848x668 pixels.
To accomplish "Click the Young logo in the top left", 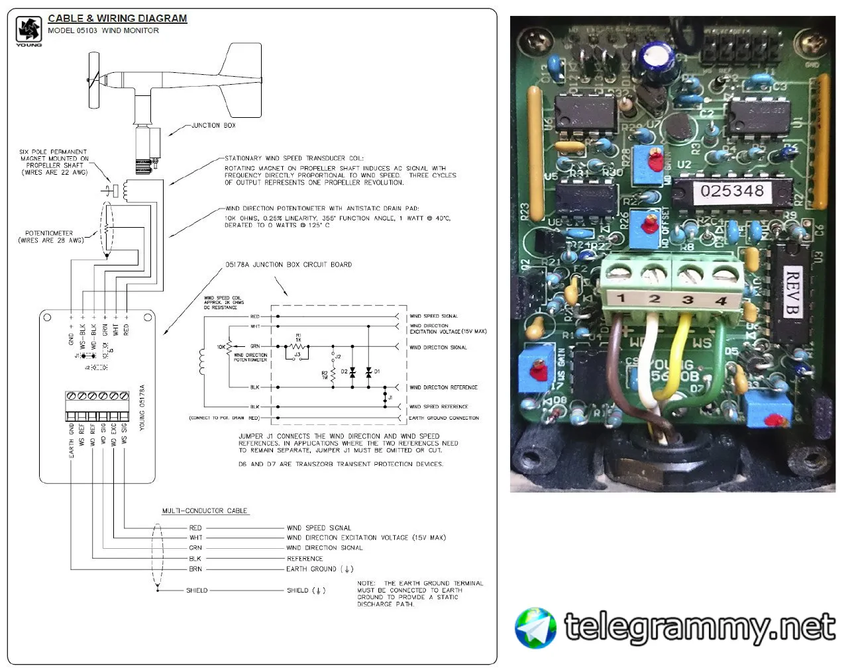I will coord(29,30).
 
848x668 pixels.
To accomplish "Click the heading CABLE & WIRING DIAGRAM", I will coord(117,19).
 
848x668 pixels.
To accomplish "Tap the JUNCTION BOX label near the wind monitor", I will coord(213,125).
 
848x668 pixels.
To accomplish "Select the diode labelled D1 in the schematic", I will coord(368,372).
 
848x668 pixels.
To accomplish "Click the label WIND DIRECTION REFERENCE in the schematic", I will coord(443,387).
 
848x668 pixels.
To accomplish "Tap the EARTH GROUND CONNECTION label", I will coord(443,418).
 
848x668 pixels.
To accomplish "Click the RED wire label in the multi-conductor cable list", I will coord(195,528).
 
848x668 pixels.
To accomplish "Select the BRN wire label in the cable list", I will coord(195,569).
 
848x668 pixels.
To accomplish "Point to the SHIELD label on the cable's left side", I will coord(197,590).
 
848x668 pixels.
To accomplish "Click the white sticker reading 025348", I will coord(732,191).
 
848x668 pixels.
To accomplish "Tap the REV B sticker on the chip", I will coord(792,292).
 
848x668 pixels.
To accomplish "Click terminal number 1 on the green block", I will coord(621,298).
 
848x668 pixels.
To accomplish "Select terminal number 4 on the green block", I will coord(721,301).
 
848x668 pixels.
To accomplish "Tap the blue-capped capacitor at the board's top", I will coord(659,59).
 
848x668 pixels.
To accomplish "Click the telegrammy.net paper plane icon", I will coord(536,627).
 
